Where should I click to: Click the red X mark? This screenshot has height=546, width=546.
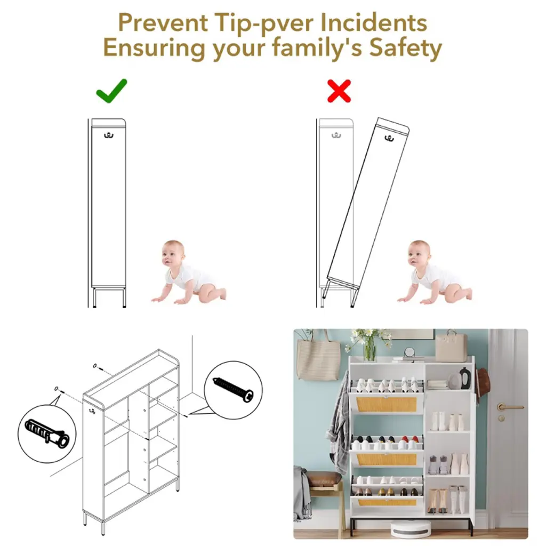[339, 91]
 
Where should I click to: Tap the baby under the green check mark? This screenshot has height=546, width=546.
[188, 271]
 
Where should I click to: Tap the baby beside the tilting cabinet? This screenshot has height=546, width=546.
[434, 271]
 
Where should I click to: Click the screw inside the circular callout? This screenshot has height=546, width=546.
[233, 390]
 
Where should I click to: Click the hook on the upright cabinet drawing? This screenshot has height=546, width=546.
[109, 135]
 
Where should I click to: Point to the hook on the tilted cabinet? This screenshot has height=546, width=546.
[389, 138]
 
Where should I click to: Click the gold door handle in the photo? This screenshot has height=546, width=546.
[509, 406]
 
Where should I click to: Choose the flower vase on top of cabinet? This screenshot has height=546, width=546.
[370, 349]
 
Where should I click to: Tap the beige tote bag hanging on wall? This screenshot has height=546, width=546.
[318, 359]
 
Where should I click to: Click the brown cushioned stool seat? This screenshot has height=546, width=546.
[323, 479]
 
